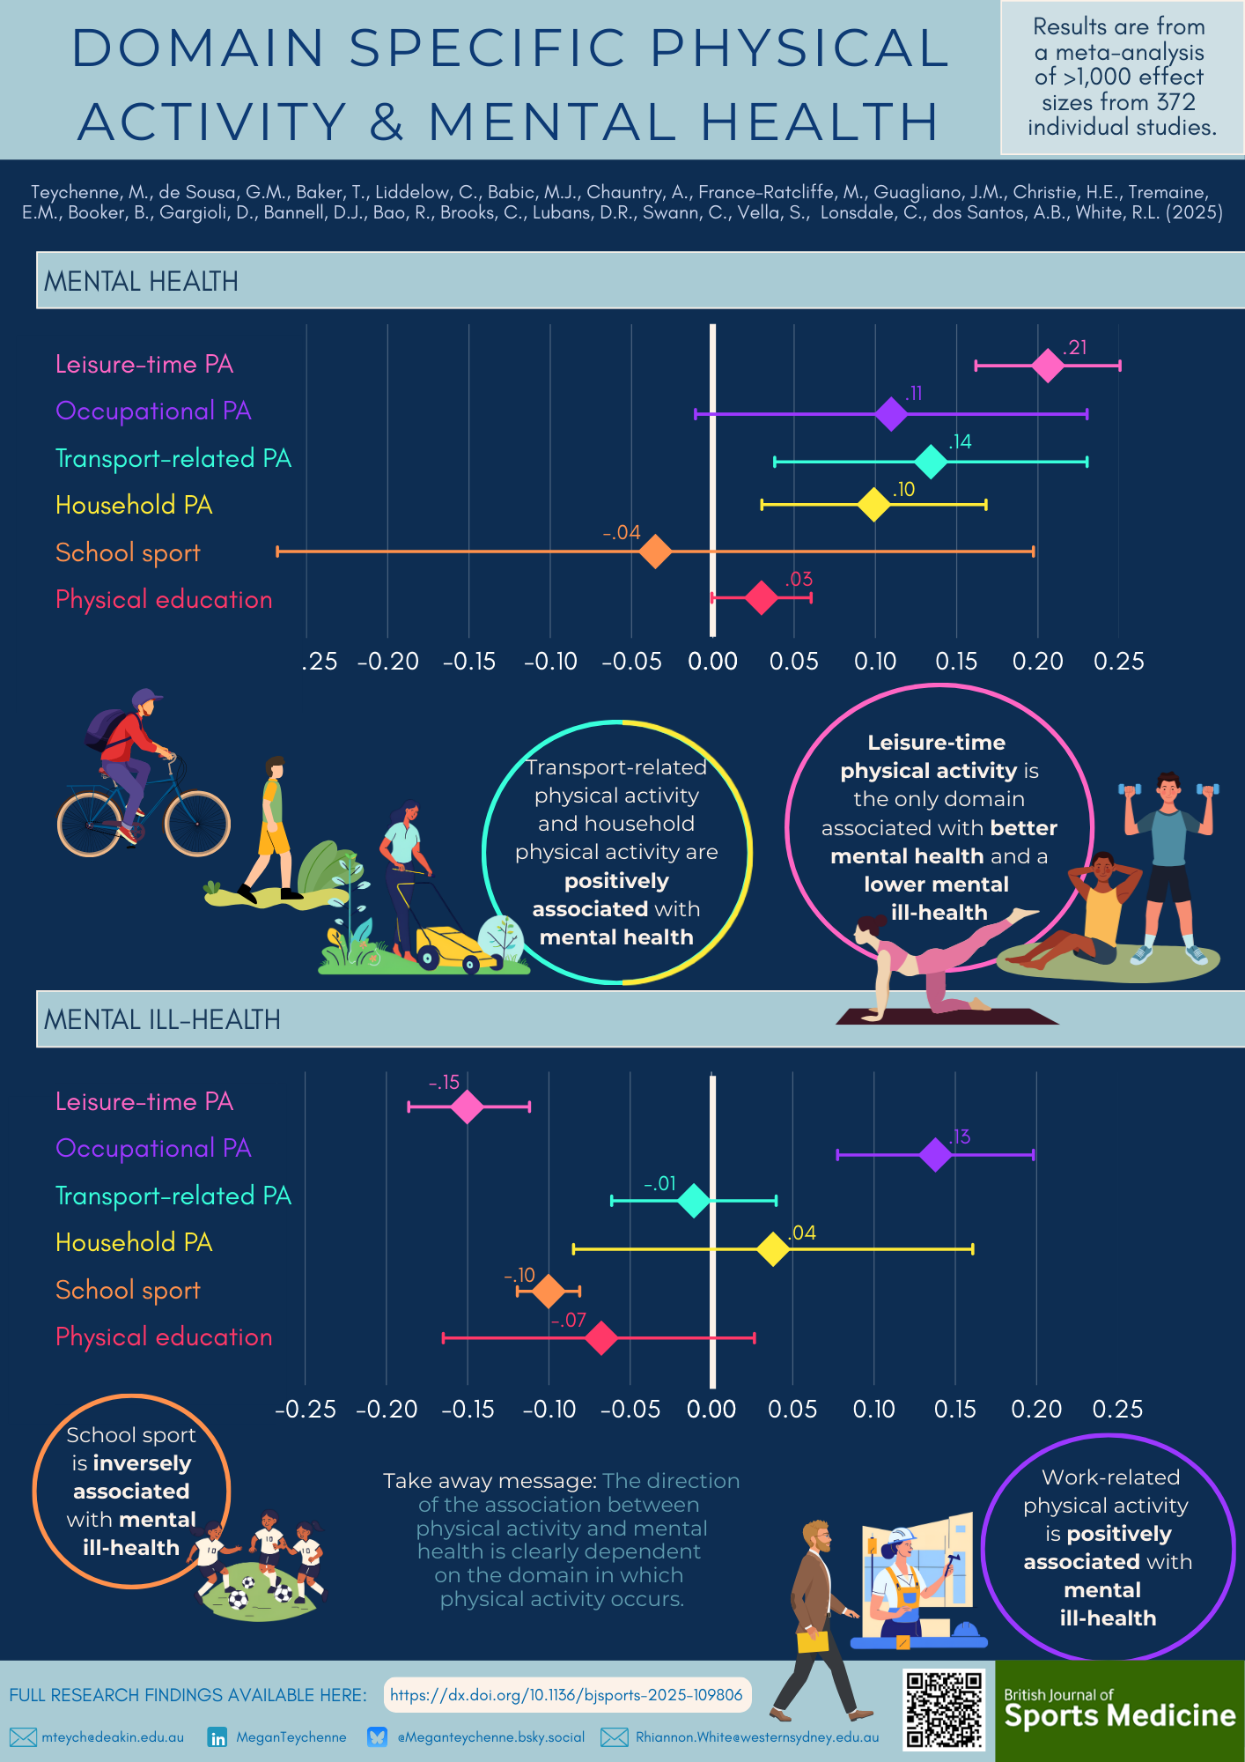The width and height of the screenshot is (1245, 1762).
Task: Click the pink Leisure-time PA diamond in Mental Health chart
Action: [1048, 365]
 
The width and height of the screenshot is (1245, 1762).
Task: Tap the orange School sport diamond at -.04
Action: [655, 552]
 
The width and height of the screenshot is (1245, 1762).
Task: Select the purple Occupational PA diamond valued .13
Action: [935, 1154]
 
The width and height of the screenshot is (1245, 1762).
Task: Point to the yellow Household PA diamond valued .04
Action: [773, 1248]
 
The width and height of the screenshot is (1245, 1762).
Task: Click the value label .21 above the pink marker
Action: [1075, 347]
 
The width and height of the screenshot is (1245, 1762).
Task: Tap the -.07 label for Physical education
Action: [569, 1320]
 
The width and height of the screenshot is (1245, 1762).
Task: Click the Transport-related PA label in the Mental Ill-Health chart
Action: [173, 1196]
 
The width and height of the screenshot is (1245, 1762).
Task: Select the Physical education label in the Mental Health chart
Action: [164, 600]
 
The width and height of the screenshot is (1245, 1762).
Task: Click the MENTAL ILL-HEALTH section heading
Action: [162, 1019]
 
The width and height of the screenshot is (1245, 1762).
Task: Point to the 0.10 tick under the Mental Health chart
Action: [875, 661]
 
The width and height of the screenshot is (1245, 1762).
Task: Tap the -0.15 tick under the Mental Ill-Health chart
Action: [468, 1409]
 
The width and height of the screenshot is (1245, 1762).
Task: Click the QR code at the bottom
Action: [944, 1709]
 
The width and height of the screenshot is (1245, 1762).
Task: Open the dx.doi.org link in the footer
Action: [566, 1695]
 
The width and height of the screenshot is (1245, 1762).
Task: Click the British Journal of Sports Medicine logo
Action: [1119, 1711]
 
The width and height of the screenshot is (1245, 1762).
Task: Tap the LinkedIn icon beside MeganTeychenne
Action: [217, 1737]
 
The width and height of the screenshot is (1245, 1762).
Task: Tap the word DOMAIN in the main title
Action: [198, 48]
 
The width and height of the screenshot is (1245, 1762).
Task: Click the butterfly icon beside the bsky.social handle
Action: [378, 1737]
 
